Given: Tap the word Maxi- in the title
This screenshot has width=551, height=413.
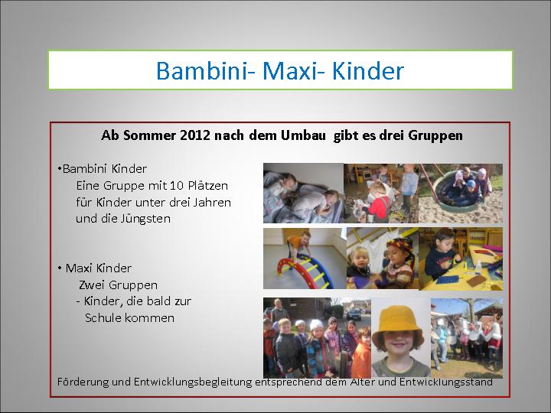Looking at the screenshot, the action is (292, 70).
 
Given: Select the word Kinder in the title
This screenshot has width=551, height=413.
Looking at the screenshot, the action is (367, 70).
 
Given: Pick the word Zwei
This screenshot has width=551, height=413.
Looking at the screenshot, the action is (92, 285).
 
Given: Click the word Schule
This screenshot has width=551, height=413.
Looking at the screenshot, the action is (103, 318).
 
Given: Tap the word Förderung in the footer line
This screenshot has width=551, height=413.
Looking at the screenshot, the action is (83, 382).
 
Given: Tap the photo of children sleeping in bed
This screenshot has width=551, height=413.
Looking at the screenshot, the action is (303, 193).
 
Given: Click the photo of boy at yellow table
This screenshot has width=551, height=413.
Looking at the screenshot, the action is (461, 259).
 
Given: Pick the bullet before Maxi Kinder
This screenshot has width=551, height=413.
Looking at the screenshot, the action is (60, 268).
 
